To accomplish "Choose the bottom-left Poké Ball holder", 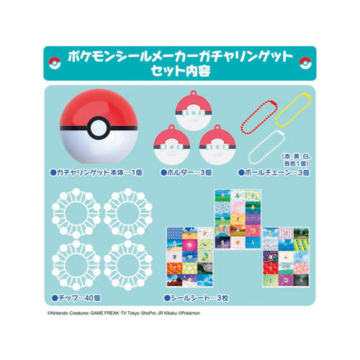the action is coord(172,145).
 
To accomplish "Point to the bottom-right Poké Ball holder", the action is coord(217,145).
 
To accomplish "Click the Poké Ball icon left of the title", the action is coord(55,63).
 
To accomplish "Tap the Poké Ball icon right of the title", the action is coord(305,63).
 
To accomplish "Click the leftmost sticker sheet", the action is coord(189,257).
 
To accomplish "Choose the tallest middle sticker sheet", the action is coord(238,220).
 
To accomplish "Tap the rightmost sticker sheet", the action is coord(286,257).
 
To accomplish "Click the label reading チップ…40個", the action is coord(76,298).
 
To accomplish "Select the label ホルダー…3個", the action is coord(186,172).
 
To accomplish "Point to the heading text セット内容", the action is coord(181,71).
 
